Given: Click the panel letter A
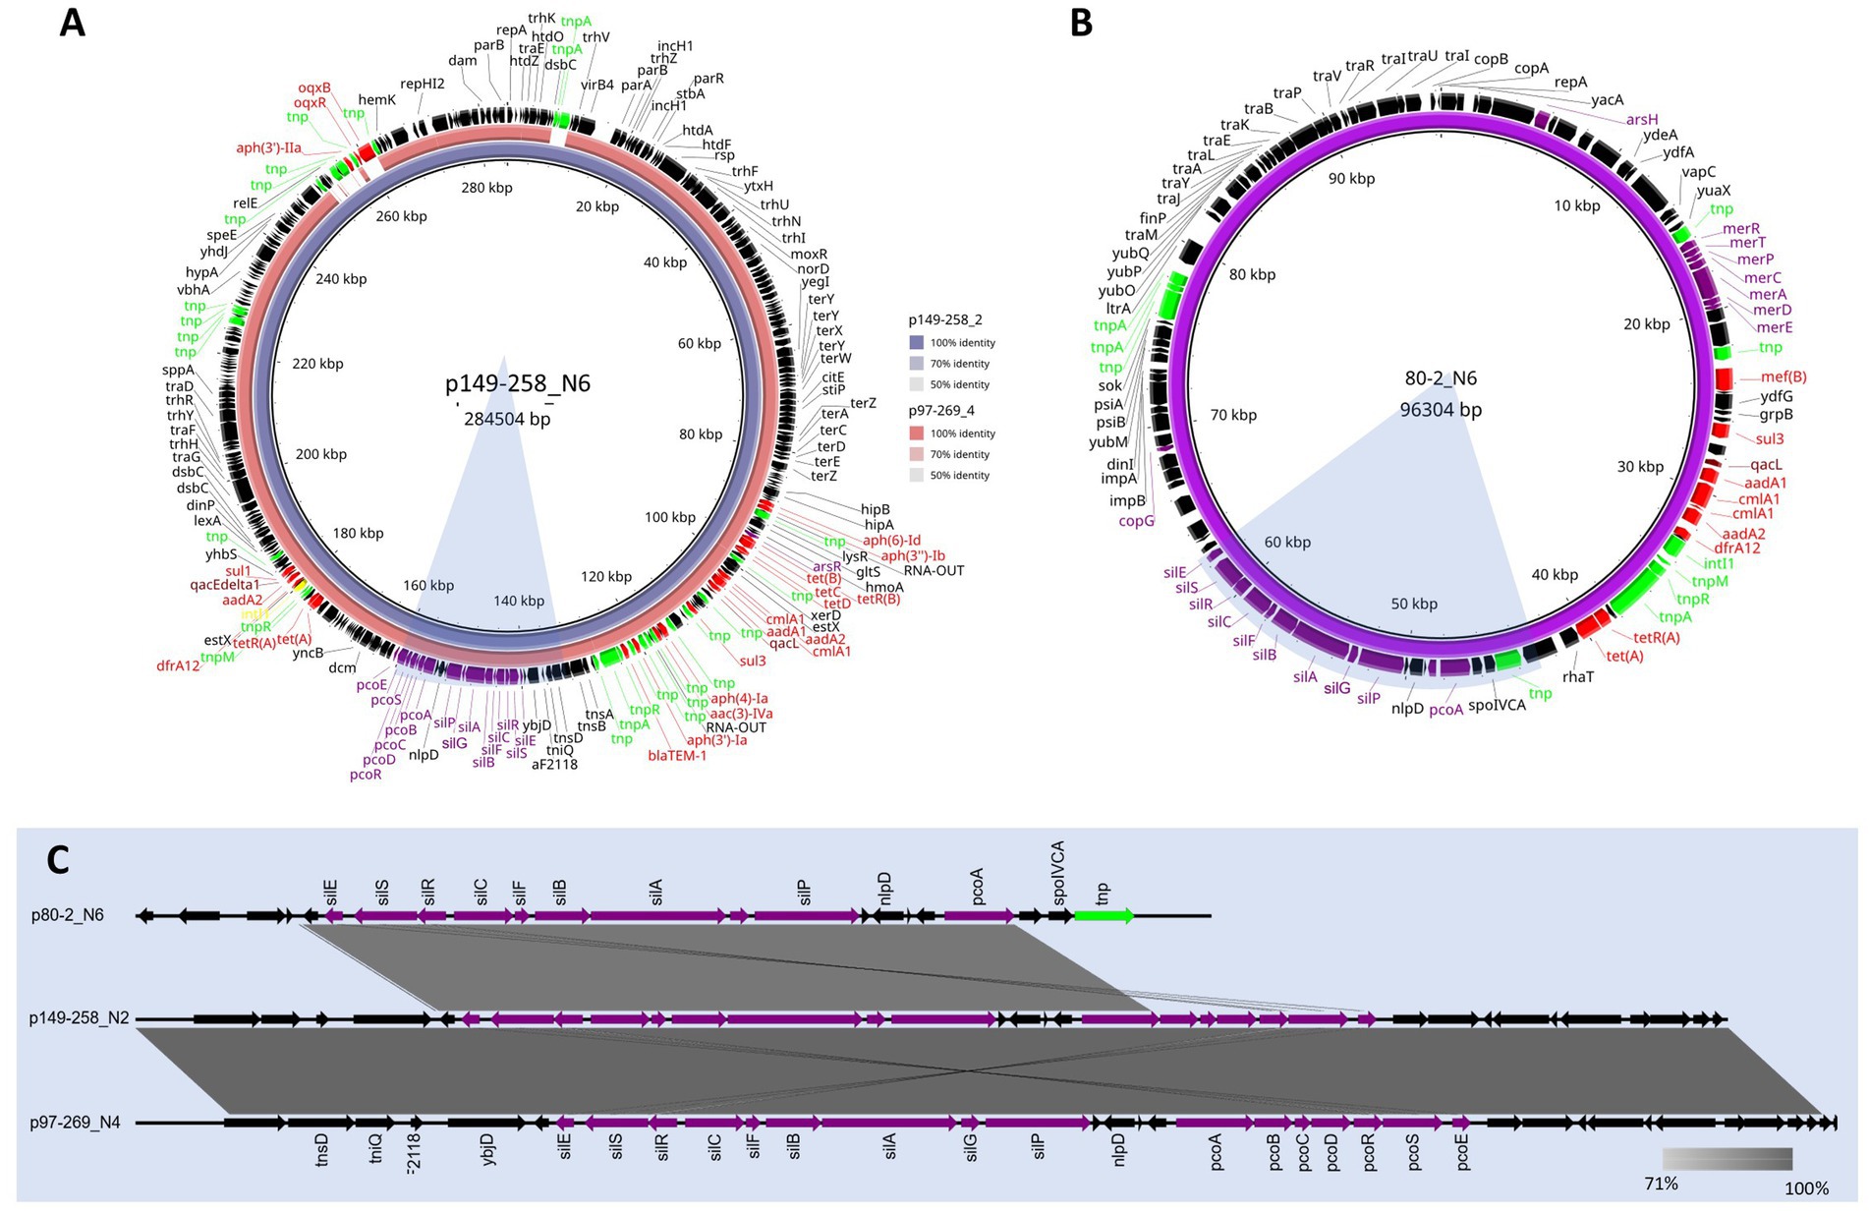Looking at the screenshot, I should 72,23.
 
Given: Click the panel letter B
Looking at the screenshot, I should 1081,23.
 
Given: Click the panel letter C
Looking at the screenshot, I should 58,860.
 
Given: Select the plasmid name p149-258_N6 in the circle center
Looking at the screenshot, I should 518,383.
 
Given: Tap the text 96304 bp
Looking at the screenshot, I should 1441,409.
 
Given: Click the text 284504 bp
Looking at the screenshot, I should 507,419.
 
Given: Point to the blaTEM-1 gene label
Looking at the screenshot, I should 677,755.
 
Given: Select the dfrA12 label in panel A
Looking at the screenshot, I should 178,665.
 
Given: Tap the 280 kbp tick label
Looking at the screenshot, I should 486,187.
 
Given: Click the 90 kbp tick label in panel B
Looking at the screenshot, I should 1351,178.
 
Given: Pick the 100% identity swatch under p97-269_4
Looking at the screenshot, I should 916,433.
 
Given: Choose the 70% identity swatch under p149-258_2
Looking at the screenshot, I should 916,364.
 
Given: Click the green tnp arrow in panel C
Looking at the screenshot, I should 1104,916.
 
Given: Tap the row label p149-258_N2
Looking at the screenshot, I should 79,1017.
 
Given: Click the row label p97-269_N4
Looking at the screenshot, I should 75,1122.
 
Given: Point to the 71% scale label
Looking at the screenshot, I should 1661,1184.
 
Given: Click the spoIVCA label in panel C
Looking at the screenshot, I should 1059,873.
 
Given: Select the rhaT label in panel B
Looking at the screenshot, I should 1577,676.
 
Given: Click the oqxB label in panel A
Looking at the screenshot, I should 314,87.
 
